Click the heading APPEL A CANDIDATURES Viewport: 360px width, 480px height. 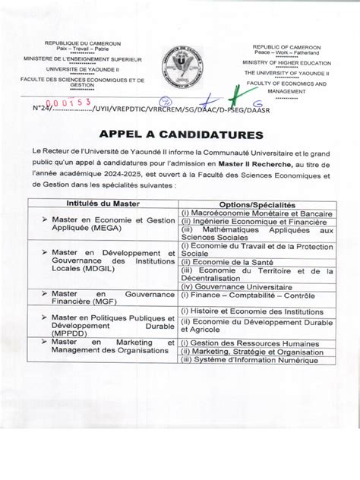[x=180, y=135]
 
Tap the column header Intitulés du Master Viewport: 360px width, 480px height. [x=103, y=204]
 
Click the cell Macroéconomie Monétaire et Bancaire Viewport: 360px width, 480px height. [x=257, y=214]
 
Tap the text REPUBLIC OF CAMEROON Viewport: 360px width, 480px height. [x=286, y=47]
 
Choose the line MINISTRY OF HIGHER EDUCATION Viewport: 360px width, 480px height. [x=286, y=62]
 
